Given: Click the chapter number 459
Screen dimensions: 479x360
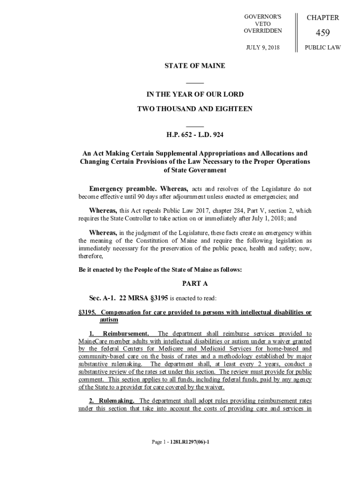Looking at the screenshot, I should pos(323,33).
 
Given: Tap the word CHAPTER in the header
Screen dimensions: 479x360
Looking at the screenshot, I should pos(323,18).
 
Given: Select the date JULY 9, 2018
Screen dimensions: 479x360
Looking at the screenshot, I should pos(263,47).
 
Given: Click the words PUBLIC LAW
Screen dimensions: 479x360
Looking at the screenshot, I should pos(323,47).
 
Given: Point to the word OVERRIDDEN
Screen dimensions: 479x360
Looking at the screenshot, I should pos(263,31).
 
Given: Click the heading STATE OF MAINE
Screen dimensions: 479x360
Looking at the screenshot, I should pos(194,66).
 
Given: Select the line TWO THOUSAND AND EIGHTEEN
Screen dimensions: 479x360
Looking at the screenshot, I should pos(194,109).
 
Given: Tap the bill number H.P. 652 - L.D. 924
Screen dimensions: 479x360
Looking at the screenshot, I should pos(194,136).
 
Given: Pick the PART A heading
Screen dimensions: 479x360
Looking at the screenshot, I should pos(194,283).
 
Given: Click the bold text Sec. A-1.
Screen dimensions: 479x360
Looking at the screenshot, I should pos(102,298).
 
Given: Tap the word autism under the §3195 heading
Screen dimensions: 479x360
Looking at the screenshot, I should pos(108,320).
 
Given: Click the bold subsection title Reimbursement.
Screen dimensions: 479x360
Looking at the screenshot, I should pos(126,334).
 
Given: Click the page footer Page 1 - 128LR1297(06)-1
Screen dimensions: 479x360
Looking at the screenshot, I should pos(180,441).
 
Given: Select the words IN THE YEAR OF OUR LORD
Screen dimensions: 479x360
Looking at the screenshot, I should pos(194,94).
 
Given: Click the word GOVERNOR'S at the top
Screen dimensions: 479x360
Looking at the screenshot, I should pos(263,17).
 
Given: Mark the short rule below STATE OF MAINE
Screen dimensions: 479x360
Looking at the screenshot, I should pos(194,83).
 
